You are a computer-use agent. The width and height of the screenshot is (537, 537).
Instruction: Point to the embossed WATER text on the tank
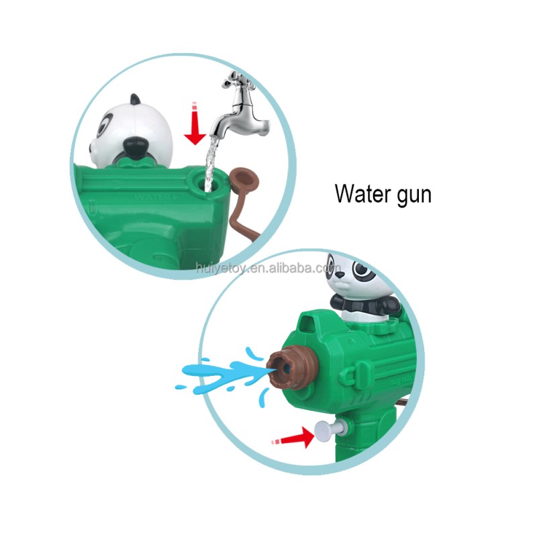click(x=151, y=197)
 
